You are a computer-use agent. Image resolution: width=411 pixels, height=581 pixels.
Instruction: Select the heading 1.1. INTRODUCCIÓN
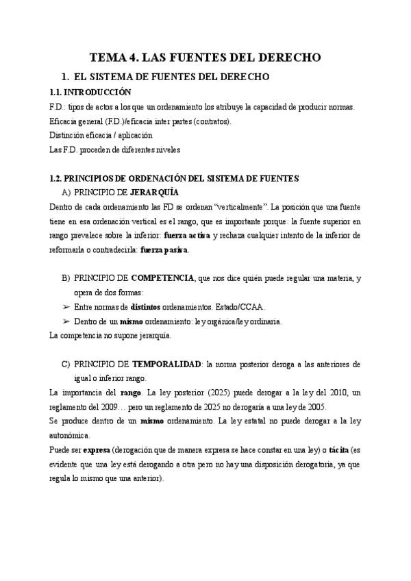tap(90, 92)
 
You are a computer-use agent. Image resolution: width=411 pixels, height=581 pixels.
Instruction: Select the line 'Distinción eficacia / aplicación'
tap(101, 135)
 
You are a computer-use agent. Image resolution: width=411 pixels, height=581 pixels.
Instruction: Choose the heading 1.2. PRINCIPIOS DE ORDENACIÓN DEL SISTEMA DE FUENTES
tap(175, 178)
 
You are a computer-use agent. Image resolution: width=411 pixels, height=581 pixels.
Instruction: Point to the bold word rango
tap(131, 393)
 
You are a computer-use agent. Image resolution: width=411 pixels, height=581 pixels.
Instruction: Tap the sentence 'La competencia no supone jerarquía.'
tap(111, 336)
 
